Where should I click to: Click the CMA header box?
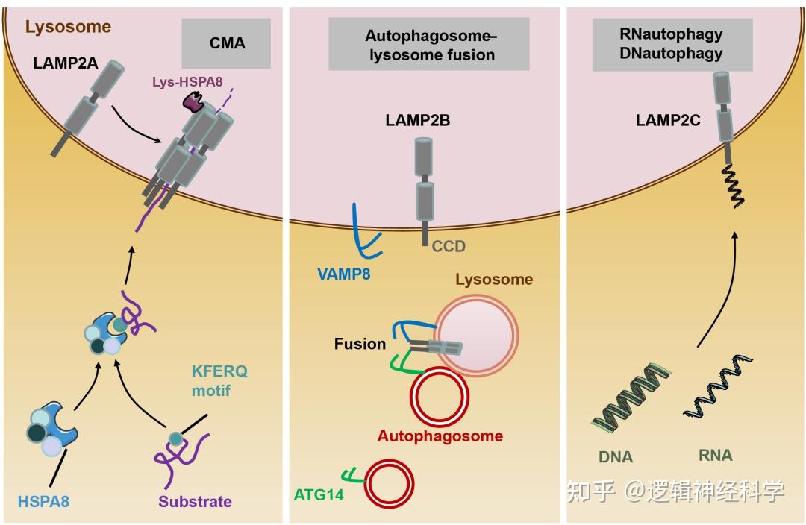227,43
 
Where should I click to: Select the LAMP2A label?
65,63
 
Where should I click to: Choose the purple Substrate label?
195,501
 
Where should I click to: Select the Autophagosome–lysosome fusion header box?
431,45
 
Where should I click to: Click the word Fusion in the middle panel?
360,344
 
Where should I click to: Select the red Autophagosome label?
440,436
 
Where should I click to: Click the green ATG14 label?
319,493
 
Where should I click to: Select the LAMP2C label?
668,120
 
